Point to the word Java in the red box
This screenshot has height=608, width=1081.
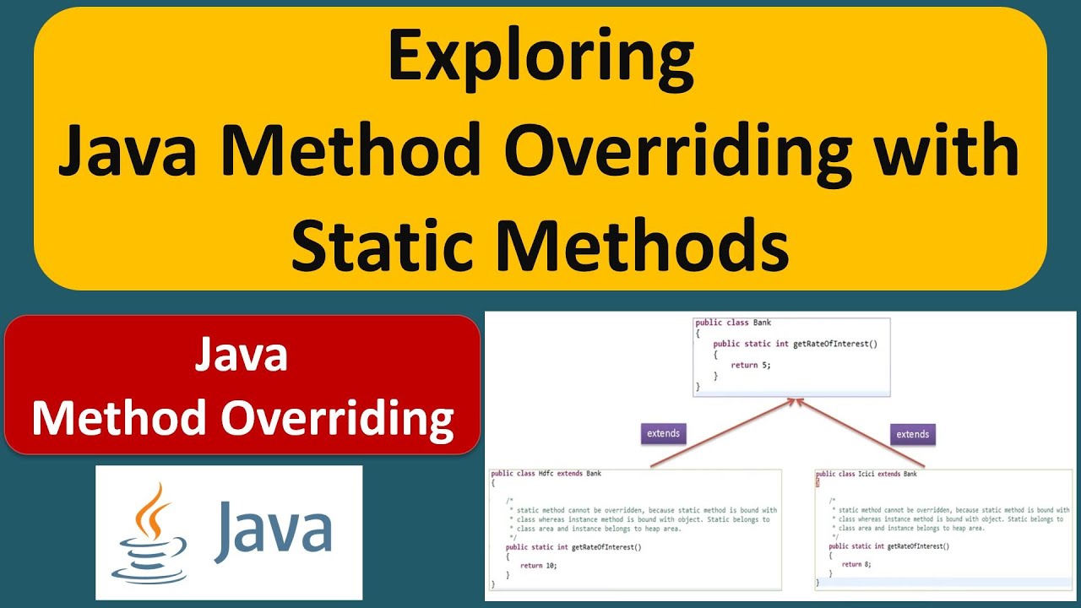(242, 356)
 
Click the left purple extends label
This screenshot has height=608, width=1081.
(663, 433)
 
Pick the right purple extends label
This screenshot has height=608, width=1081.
(912, 434)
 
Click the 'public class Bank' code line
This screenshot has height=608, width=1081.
(733, 323)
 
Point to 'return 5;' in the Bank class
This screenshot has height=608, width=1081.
(751, 365)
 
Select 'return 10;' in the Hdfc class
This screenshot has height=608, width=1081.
(538, 565)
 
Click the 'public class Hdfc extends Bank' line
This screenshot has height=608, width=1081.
(546, 474)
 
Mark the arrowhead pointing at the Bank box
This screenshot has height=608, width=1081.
(795, 401)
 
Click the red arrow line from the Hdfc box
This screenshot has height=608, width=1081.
(718, 435)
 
